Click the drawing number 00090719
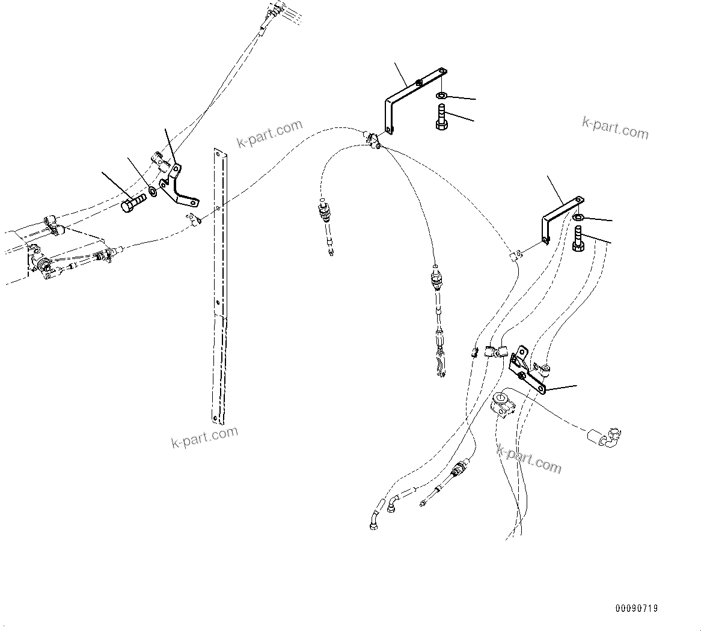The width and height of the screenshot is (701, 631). (635, 609)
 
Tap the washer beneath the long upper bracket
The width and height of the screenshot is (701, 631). (441, 96)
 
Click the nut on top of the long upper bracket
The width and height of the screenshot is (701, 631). (419, 82)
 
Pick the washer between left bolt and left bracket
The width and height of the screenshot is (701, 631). (153, 192)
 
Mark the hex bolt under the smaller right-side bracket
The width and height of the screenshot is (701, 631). (578, 239)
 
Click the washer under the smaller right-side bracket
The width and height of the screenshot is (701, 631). (578, 217)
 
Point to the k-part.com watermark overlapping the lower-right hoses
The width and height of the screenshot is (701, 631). (528, 457)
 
